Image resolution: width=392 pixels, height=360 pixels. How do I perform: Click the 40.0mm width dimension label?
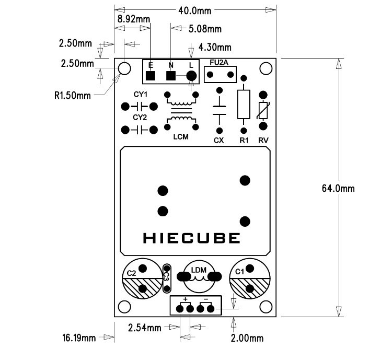coord(195,11)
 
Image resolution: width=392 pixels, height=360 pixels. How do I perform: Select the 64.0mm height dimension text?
coord(338,188)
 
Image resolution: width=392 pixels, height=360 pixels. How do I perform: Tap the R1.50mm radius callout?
coord(73,96)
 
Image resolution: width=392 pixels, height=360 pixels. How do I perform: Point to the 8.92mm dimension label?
coord(134,19)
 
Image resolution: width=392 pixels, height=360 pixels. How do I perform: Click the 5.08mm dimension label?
coord(205,29)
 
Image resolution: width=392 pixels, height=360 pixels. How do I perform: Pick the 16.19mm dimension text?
coord(79,338)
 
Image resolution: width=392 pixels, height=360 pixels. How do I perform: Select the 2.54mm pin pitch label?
coord(144,328)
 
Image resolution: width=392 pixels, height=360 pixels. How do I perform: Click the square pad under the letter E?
coord(150,76)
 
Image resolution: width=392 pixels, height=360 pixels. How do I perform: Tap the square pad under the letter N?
coord(171,76)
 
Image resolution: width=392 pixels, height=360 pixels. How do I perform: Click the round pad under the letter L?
coord(191,75)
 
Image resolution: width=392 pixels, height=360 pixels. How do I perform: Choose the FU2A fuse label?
coord(219,63)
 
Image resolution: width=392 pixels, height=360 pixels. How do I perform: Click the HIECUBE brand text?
coord(191,238)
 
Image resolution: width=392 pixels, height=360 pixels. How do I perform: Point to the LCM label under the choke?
coord(181,137)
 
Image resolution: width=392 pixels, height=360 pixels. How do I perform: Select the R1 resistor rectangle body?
coord(244,104)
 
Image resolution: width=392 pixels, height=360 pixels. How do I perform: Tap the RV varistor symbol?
coord(263,110)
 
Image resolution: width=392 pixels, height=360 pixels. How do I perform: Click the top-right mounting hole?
coord(266,68)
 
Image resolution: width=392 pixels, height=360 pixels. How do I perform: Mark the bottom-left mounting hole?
coord(124,307)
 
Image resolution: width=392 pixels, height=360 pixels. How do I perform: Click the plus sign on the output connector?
coord(185,299)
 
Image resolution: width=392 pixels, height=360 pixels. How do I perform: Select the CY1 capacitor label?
coord(141,95)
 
